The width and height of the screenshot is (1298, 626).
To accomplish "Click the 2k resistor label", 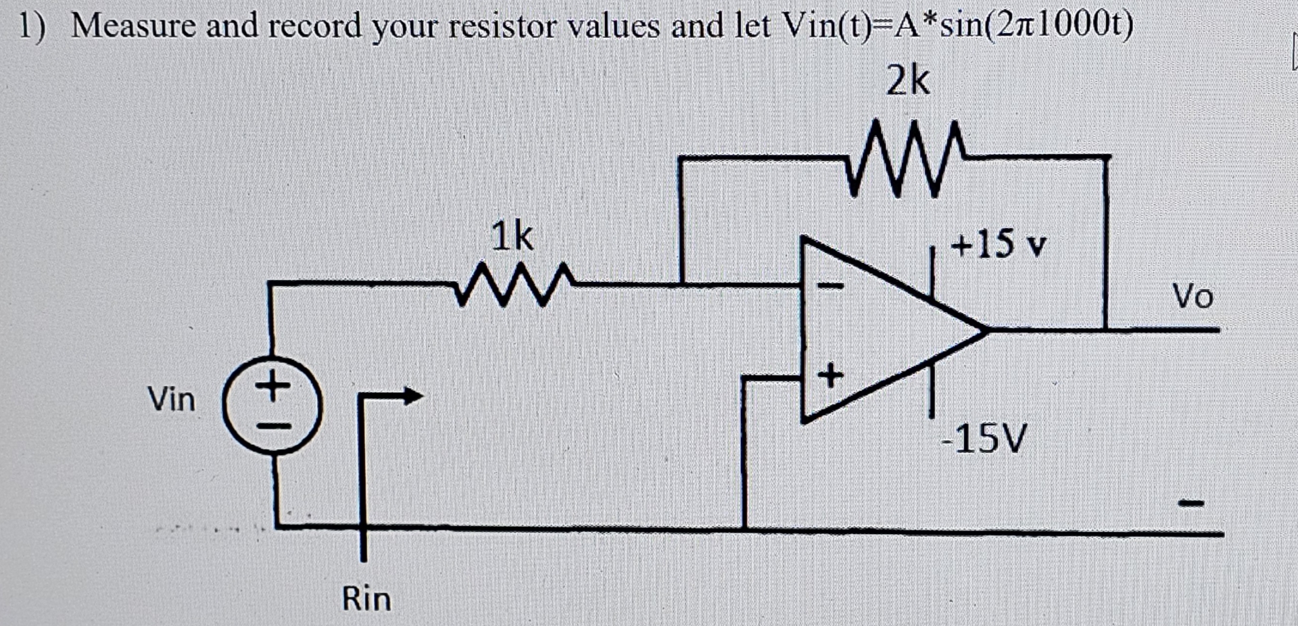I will point(908,81).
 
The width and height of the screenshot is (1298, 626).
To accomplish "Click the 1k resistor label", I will point(512,237).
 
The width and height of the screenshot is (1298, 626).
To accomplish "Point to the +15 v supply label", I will point(998,243).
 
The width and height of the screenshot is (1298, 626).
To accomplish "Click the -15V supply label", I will point(984,438).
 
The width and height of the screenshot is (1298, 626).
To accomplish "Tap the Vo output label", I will point(1193,296).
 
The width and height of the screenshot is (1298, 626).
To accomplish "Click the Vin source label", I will point(171,399).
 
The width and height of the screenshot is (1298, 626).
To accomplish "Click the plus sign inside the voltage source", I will point(273,387).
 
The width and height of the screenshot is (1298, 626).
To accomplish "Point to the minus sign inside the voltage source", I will point(273,427).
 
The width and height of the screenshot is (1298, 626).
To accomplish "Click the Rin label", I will point(366,599).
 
